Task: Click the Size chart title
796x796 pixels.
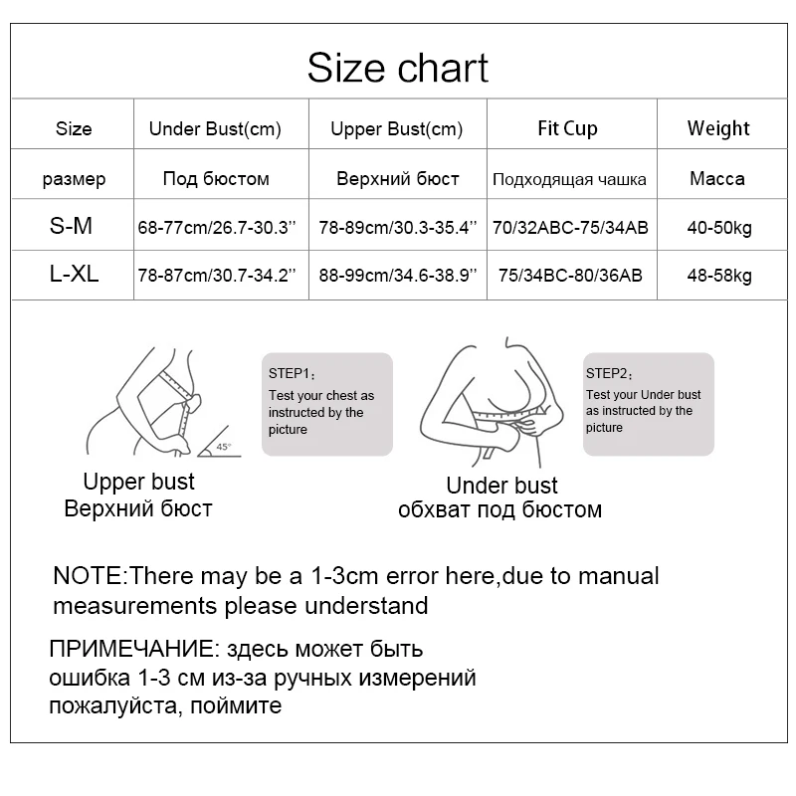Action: pos(397,69)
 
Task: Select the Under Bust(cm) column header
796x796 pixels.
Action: pos(215,128)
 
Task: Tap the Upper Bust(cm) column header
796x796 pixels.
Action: pos(397,128)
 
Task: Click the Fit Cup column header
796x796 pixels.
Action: pos(567,128)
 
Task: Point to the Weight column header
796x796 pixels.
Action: pos(717,128)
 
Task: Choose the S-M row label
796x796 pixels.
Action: pos(72,227)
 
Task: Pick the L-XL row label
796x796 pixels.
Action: pos(74,274)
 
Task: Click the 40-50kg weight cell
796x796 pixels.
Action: pos(718,228)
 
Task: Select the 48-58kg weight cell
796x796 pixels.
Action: pos(718,275)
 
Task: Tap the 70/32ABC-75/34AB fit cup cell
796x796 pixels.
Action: pos(570,228)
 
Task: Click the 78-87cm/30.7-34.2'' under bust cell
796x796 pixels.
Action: pos(218,275)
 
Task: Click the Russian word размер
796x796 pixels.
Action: pos(74,180)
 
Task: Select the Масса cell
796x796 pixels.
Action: pos(717,179)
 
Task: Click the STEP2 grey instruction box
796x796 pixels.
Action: pos(648,403)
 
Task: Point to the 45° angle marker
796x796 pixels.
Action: pos(221,447)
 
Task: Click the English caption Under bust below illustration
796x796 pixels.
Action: pos(502,486)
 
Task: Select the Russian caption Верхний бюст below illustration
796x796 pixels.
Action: pos(138,509)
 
